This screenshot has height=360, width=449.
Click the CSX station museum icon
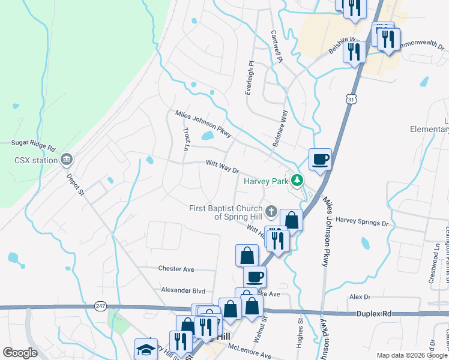[67, 160]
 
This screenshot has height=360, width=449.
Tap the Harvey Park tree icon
[297, 179]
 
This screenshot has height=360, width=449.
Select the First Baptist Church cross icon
[272, 211]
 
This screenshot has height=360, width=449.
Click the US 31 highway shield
[352, 98]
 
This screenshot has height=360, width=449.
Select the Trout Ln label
[185, 139]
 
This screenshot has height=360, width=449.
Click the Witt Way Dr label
[222, 166]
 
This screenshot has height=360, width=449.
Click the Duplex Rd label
[373, 313]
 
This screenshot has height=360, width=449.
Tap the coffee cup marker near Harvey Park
[320, 160]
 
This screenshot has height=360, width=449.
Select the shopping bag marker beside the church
[291, 220]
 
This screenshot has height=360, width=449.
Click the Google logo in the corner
[20, 353]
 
